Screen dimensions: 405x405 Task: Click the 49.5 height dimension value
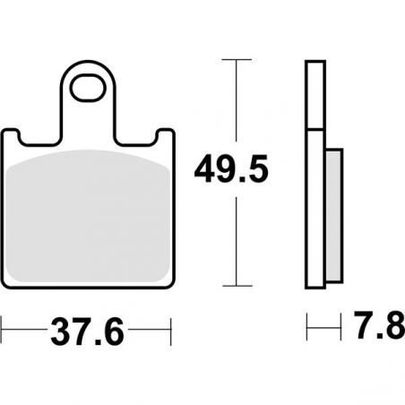(x=231, y=169)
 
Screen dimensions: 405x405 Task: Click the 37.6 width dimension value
(x=87, y=332)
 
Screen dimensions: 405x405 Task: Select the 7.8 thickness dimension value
(x=380, y=325)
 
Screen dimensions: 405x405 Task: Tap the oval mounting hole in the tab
(x=88, y=89)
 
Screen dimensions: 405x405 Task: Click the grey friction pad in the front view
(x=88, y=216)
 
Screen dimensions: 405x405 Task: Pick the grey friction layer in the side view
(x=333, y=216)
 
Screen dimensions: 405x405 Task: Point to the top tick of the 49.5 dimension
(x=237, y=60)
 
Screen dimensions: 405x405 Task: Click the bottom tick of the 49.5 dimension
(x=237, y=286)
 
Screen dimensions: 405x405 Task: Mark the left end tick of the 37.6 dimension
(x=2, y=330)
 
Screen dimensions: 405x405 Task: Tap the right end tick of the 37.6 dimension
(x=171, y=332)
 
